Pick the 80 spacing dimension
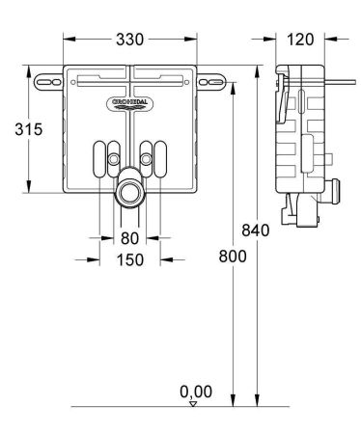click(x=129, y=238)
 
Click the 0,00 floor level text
click(x=196, y=392)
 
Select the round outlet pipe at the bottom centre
click(x=128, y=191)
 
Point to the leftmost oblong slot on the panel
click(x=99, y=156)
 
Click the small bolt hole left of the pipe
click(x=115, y=157)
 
